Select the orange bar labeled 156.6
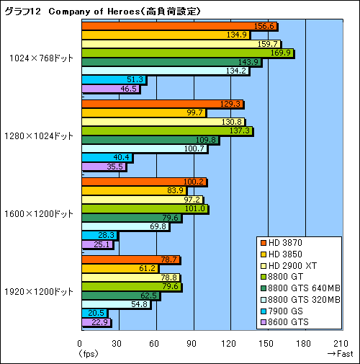[180, 27]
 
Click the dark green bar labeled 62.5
[122, 294]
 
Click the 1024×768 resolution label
[42, 58]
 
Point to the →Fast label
[339, 354]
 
